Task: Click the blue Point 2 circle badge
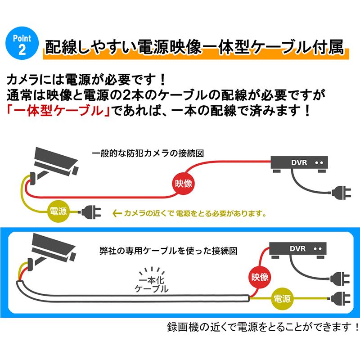click(x=19, y=44)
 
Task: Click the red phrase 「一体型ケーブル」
click(x=58, y=110)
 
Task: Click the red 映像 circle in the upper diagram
click(x=183, y=183)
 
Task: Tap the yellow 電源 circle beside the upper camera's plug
click(x=59, y=211)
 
